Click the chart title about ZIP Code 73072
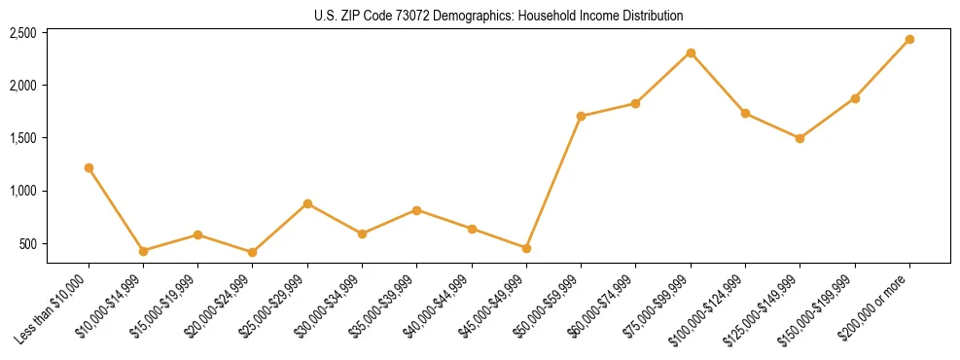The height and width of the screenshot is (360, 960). click(498, 16)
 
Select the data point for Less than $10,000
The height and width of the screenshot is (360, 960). click(89, 167)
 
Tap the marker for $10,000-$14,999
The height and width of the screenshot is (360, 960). click(143, 251)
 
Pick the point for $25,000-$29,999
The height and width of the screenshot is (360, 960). click(307, 203)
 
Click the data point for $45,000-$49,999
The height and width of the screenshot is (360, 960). click(526, 248)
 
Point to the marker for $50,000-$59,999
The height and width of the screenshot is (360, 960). click(581, 116)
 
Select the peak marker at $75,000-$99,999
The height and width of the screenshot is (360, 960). click(691, 53)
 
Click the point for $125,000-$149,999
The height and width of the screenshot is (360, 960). click(800, 138)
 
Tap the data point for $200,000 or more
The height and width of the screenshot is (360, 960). click(909, 39)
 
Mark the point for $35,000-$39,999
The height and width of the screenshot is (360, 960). click(416, 210)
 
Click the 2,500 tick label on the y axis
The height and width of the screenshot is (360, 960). click(22, 33)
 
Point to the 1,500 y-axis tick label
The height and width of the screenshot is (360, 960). click(22, 138)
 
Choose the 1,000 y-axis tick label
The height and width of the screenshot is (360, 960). click(22, 191)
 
